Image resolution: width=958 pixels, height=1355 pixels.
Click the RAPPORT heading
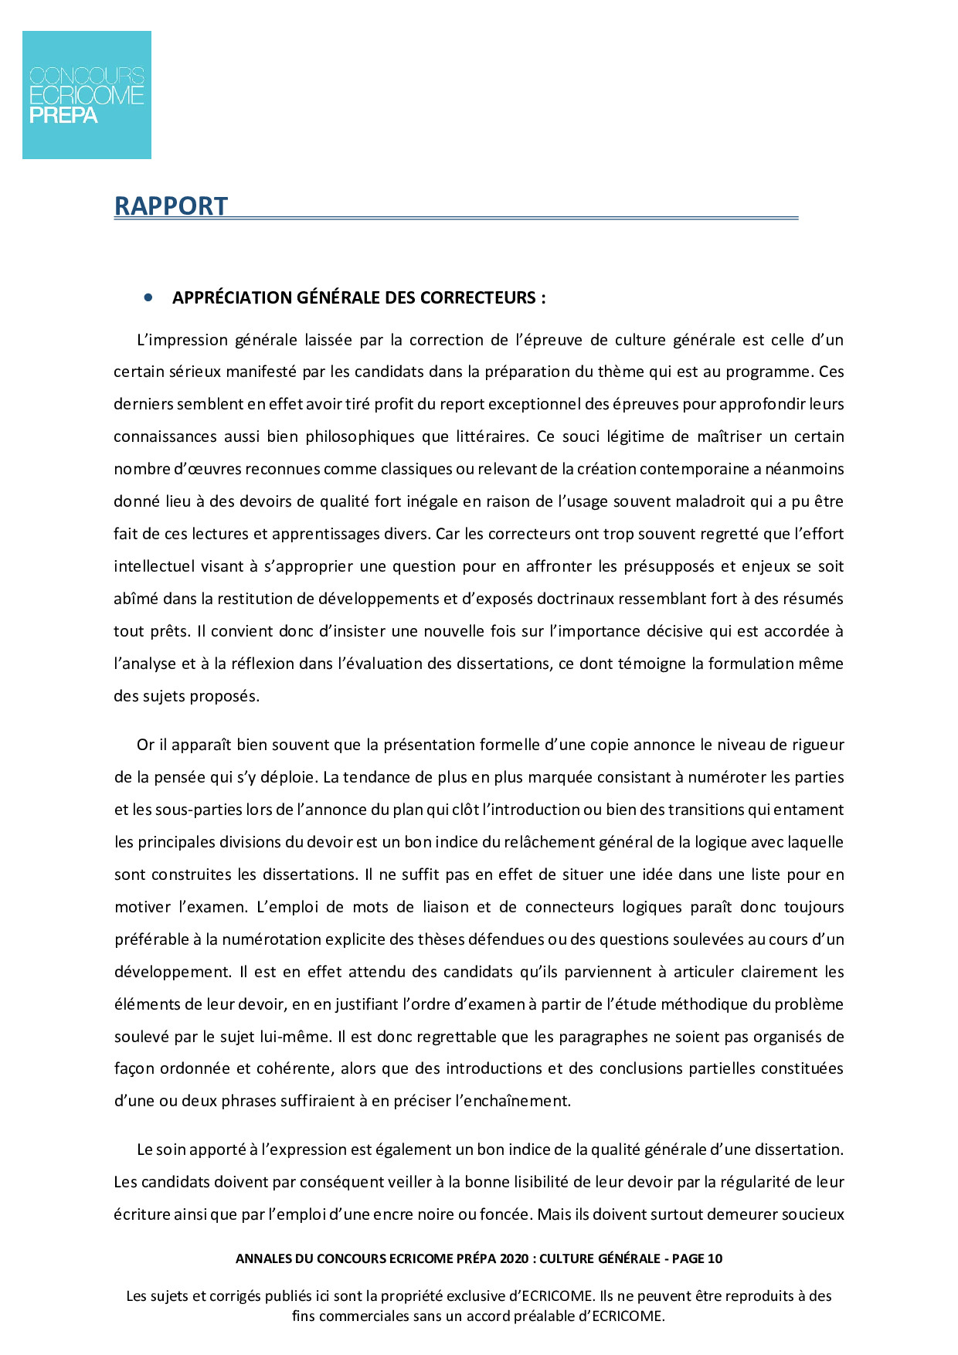pyautogui.click(x=171, y=206)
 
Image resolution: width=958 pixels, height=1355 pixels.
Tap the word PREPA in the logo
pyautogui.click(x=63, y=116)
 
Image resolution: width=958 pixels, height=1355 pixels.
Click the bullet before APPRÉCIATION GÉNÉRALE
pyautogui.click(x=148, y=297)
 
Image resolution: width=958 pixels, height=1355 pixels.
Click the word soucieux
pyautogui.click(x=813, y=1214)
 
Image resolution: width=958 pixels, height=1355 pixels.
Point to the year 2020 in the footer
pyautogui.click(x=514, y=1258)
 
